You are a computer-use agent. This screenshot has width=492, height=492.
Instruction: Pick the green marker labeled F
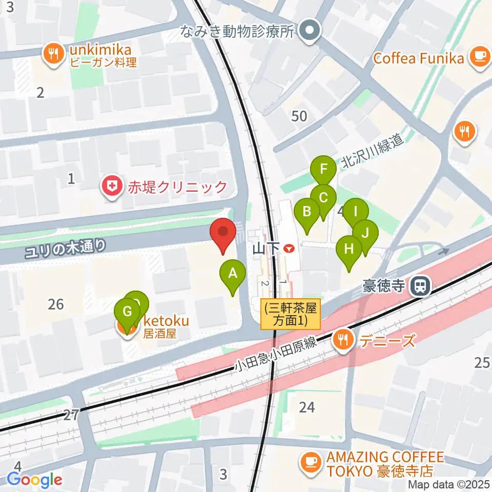323,170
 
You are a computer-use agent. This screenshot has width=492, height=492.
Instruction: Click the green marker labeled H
348,250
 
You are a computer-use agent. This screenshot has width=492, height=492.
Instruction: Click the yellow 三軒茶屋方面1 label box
291,314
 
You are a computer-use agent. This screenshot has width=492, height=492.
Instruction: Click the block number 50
299,116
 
